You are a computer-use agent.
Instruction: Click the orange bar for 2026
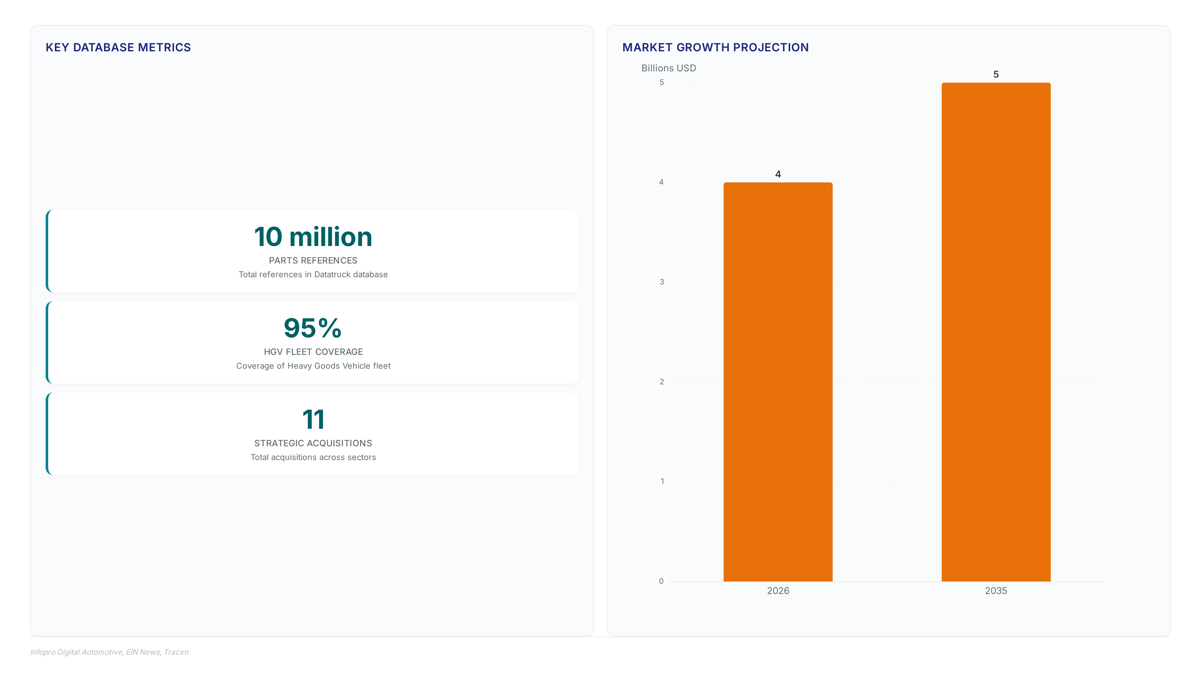click(x=778, y=382)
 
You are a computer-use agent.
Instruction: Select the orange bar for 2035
click(x=996, y=332)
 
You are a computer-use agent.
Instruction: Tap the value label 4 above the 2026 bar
click(x=778, y=174)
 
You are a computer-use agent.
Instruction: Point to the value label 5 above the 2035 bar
click(x=996, y=74)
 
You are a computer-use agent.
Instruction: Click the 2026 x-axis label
click(x=778, y=591)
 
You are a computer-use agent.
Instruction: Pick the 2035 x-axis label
click(x=996, y=591)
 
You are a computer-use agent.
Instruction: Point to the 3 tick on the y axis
click(x=661, y=282)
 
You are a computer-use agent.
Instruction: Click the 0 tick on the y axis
click(x=661, y=581)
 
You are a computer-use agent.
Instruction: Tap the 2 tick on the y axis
click(x=661, y=382)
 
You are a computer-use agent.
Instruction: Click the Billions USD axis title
click(x=669, y=68)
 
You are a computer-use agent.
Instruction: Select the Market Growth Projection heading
click(x=715, y=48)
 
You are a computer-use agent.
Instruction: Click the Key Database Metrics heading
click(x=118, y=48)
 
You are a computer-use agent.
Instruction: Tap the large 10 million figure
click(x=313, y=237)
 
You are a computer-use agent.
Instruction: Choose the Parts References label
click(x=313, y=260)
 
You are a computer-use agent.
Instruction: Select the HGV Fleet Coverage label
click(x=313, y=352)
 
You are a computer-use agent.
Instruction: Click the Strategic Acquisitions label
click(x=313, y=443)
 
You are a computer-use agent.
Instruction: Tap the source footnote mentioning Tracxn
click(x=109, y=652)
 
